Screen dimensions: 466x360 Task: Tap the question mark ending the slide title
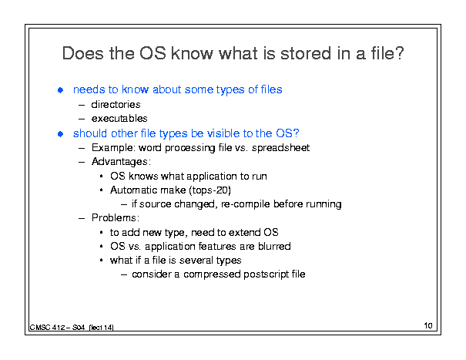[399, 53]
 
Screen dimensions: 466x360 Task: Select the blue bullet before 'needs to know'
[60, 90]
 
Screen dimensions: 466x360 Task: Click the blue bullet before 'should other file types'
[60, 134]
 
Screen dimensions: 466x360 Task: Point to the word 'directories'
[116, 104]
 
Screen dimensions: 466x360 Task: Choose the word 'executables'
[119, 119]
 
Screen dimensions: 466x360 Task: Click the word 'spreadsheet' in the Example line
[281, 147]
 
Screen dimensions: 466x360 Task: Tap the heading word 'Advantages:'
[121, 162]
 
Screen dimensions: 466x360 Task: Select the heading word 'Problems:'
[116, 218]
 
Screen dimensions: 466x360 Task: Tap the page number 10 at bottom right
[428, 325]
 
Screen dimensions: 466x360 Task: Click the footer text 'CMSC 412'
[48, 328]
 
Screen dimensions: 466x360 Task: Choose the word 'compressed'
[212, 274]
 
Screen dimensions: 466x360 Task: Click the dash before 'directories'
[82, 105]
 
